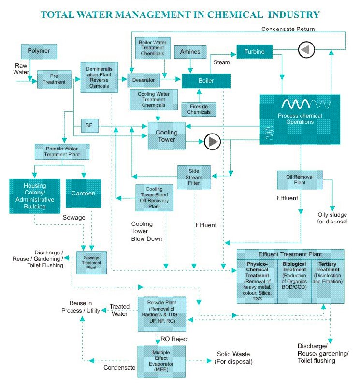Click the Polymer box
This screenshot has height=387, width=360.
[39, 51]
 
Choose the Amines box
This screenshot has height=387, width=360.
[190, 52]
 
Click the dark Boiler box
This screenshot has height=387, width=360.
[205, 80]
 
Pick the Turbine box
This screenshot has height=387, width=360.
[254, 51]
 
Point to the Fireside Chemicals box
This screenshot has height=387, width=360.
[199, 109]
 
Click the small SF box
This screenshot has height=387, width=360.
[89, 126]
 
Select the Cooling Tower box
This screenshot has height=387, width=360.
[166, 135]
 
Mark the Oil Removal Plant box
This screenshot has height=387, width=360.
[300, 180]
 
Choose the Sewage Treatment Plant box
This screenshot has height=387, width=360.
[91, 262]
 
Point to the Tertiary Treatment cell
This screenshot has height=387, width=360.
[328, 276]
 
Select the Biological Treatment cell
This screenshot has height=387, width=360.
[294, 276]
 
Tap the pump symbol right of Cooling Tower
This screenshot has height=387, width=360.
[212, 141]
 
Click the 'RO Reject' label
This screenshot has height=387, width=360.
[174, 339]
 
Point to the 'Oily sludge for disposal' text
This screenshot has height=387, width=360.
[332, 218]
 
